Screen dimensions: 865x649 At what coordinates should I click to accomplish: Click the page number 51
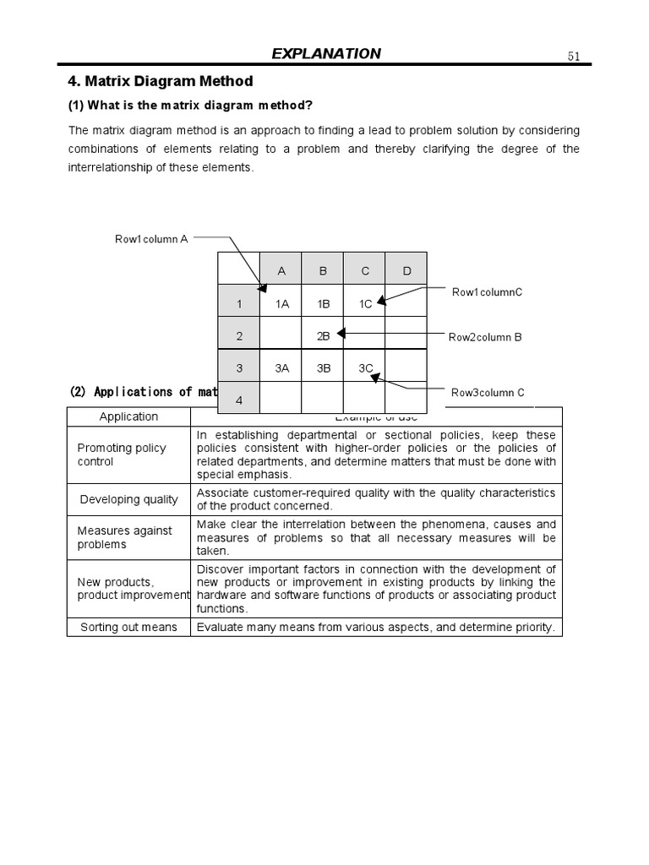[574, 57]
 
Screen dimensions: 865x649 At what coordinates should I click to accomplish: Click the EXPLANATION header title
[326, 54]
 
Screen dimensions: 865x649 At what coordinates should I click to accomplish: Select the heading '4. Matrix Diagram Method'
[160, 82]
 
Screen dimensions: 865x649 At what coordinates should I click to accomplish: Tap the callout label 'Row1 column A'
[151, 239]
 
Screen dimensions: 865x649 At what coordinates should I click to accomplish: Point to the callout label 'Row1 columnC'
[487, 292]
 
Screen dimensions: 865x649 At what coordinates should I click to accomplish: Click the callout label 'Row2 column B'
[485, 337]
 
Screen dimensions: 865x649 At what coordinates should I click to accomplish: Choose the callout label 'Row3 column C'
[488, 392]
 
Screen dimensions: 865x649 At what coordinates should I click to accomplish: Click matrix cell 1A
[282, 304]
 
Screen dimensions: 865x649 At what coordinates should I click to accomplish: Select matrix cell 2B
[323, 336]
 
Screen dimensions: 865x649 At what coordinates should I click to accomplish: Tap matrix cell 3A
[282, 367]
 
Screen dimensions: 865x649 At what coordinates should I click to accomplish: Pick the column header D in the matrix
[406, 271]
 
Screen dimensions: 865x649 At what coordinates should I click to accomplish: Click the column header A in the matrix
[282, 271]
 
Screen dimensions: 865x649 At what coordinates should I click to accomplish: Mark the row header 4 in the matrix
[239, 400]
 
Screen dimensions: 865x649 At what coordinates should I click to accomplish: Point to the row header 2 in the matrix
[239, 336]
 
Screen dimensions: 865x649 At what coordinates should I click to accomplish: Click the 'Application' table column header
[128, 416]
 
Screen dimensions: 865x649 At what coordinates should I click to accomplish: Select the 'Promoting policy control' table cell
[122, 454]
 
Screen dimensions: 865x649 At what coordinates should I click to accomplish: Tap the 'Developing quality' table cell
[128, 499]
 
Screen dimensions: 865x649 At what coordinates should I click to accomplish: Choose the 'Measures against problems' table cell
[124, 537]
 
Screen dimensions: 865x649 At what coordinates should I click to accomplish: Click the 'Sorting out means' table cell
[128, 627]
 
